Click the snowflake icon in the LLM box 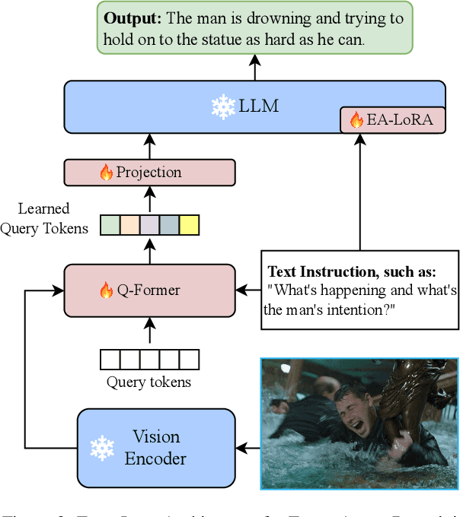tap(223, 106)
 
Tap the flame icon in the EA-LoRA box tap(356, 119)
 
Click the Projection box tap(149, 173)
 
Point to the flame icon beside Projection tap(106, 173)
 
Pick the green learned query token tap(110, 225)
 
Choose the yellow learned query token tap(189, 225)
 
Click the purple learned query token tap(149, 225)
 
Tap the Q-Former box tap(149, 290)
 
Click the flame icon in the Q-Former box tap(106, 290)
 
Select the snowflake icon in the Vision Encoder tap(102, 448)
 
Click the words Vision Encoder tap(156, 448)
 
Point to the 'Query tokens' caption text tap(149, 382)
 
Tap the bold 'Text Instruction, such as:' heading tap(353, 271)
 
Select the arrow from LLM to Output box tap(255, 68)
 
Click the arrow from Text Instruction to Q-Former tap(248, 290)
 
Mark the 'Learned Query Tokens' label tap(45, 218)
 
